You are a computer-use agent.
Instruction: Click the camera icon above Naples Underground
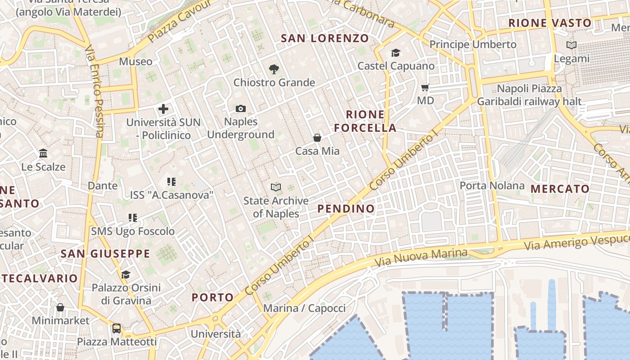click(x=241, y=108)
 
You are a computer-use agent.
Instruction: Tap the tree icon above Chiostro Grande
click(x=274, y=69)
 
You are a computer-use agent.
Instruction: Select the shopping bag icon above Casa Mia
click(x=317, y=138)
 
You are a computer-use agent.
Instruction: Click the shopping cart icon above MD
click(x=425, y=87)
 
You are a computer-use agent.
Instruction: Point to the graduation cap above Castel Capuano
click(x=396, y=53)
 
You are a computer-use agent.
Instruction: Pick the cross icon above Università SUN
click(x=163, y=109)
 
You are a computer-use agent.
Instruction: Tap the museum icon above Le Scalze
click(x=43, y=153)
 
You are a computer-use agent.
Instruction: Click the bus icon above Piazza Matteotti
click(x=117, y=328)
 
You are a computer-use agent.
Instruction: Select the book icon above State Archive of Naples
click(x=276, y=187)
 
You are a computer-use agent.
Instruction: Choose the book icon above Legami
click(x=571, y=45)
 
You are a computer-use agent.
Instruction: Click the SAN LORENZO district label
click(x=325, y=38)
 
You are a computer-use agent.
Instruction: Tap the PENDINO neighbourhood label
click(x=346, y=208)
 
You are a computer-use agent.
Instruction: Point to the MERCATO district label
click(x=560, y=189)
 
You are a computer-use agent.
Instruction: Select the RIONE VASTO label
click(x=550, y=23)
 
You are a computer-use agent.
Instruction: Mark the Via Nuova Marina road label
click(x=420, y=256)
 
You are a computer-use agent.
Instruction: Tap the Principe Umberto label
click(x=473, y=45)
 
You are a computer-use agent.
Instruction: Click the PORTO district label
click(x=213, y=297)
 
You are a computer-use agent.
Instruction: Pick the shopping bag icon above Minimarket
click(x=60, y=307)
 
